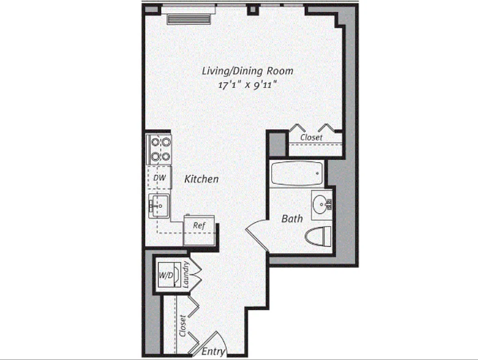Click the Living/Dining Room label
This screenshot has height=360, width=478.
(247, 71)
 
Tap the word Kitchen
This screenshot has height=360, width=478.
(201, 179)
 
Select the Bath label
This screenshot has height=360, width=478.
(292, 219)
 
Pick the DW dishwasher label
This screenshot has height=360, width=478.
(160, 178)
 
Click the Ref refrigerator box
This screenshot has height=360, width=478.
(199, 226)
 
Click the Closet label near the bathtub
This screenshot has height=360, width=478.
(311, 137)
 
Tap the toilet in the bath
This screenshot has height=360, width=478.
(318, 236)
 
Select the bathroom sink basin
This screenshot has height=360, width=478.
(321, 204)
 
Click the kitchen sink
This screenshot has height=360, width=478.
(159, 206)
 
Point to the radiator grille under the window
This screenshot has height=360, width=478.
(189, 19)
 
